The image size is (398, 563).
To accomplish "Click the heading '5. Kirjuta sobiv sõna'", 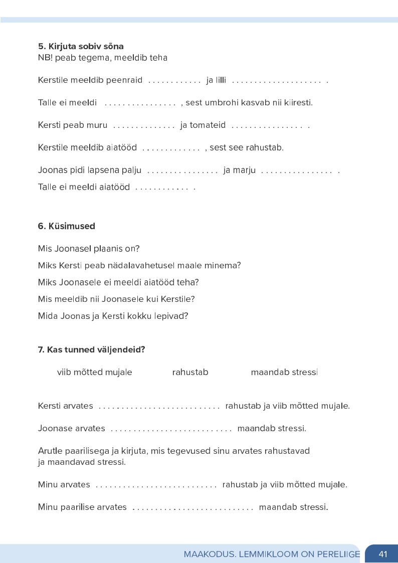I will pos(81,47).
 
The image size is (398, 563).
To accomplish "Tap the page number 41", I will pos(383,554).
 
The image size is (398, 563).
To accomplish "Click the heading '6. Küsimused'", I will pos(66,226).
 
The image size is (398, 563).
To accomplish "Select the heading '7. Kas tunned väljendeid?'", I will pos(91,349).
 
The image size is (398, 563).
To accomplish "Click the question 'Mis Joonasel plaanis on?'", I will pos(89,249).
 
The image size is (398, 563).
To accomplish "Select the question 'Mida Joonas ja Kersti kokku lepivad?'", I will pos(113,316).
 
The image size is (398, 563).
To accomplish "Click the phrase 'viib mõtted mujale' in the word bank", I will pos(94,372).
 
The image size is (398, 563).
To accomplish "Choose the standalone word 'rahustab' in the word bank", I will pos(190,372).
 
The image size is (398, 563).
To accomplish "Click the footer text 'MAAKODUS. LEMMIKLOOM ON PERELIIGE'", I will pos(272,554).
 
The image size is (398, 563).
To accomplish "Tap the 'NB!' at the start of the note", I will pos(45,58).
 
